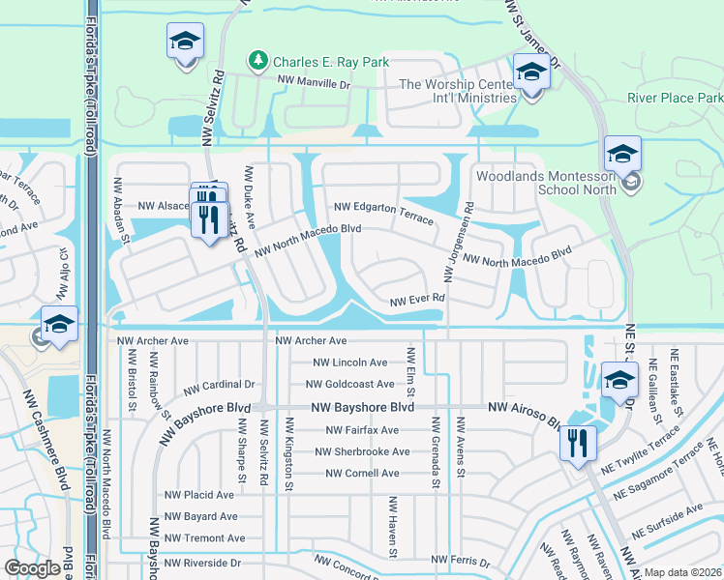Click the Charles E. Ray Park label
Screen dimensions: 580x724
(x=331, y=62)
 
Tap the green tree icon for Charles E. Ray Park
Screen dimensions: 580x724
(x=258, y=62)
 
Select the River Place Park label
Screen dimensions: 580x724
(x=675, y=99)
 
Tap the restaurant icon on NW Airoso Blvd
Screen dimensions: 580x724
(x=578, y=444)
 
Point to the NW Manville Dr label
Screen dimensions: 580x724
(x=314, y=83)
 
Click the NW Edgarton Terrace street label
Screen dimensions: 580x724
(x=384, y=214)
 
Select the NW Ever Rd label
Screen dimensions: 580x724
(x=416, y=301)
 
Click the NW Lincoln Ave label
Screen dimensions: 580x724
(x=350, y=362)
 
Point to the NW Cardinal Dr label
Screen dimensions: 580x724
(x=226, y=384)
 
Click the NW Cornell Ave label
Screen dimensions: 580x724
(x=362, y=473)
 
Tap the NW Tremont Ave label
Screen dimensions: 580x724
(x=204, y=537)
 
